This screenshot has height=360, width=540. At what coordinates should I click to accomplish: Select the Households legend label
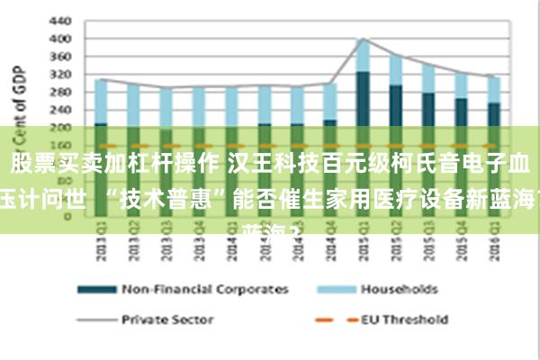coord(399,290)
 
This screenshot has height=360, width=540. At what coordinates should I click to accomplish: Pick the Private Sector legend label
coord(167,319)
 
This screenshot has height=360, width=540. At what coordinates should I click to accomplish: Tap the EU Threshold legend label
coord(404,319)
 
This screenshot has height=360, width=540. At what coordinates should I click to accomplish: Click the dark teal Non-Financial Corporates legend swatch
coord(96,290)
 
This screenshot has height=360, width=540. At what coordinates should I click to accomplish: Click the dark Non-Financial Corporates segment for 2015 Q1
coord(363,99)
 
